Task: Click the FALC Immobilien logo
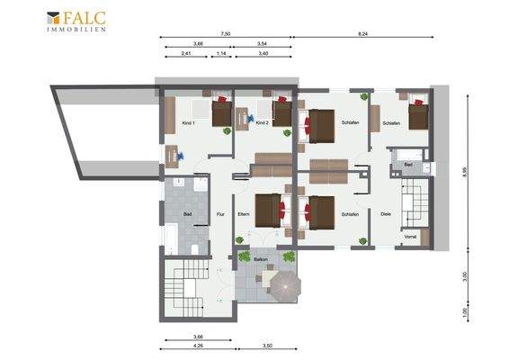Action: point(76,21)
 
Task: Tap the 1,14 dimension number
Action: point(221,53)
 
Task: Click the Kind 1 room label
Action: point(187,122)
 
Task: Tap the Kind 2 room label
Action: point(262,122)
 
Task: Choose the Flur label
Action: point(221,214)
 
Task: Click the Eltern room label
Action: point(243,214)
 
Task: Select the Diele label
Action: point(386,214)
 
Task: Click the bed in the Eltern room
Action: point(268,210)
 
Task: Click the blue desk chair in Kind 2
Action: point(250,117)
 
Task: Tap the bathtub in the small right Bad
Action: point(403,154)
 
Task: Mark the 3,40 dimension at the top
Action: point(262,53)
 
